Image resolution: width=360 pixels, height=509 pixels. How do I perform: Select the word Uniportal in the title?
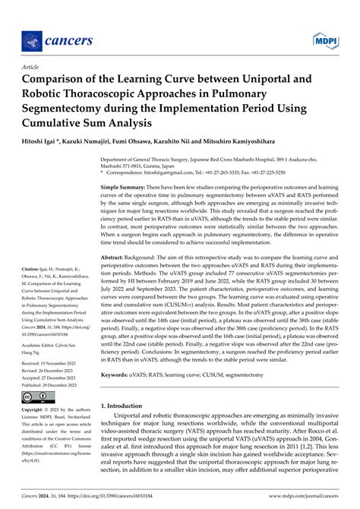click(254, 78)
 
